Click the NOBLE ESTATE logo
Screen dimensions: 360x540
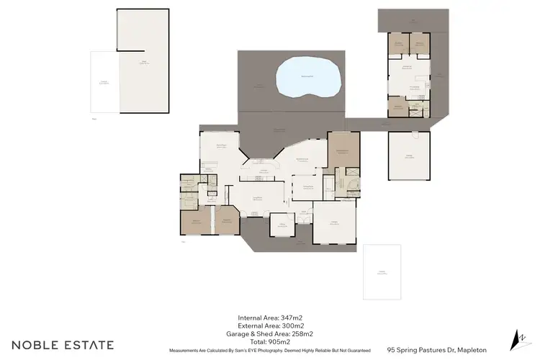(x=61, y=345)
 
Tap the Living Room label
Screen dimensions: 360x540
(x=256, y=198)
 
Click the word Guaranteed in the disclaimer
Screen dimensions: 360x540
(x=356, y=351)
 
